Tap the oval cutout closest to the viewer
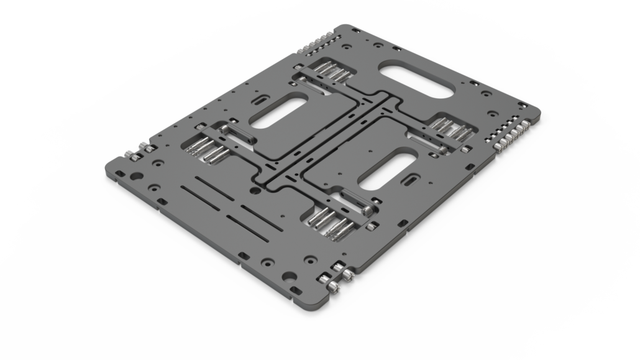pos(388,169)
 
